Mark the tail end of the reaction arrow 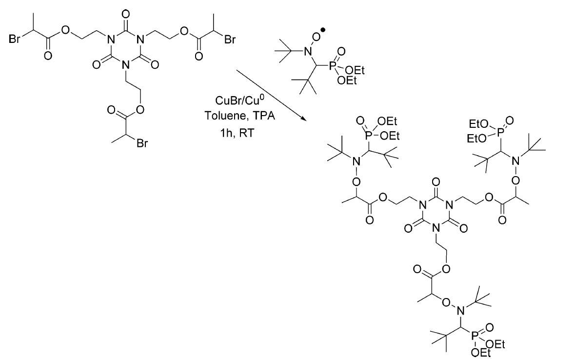pos(237,69)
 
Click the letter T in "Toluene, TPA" pos(208,116)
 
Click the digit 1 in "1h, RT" pos(219,133)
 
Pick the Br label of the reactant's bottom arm pos(142,143)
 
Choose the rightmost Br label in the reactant pos(230,39)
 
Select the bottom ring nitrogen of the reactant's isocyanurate pos(126,65)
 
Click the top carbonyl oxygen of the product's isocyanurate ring pos(436,182)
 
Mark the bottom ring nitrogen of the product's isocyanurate pos(436,229)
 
